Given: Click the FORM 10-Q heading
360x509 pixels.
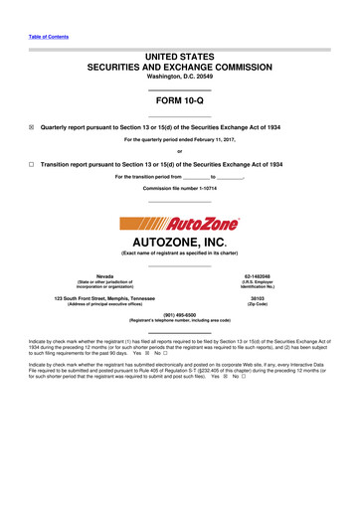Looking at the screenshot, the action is [179, 100].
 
